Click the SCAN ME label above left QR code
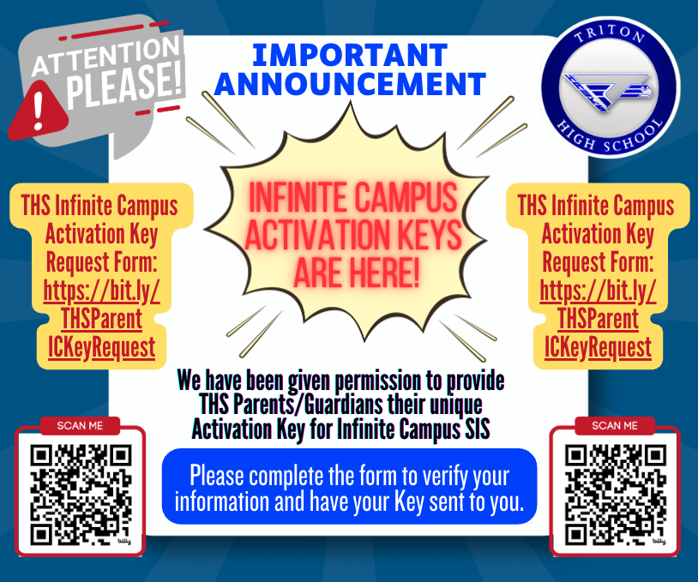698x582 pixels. click(x=81, y=426)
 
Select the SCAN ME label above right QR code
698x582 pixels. click(x=615, y=426)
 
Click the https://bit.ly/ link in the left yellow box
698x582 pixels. click(x=102, y=291)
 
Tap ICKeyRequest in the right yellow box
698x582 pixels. click(x=598, y=347)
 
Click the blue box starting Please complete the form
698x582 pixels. click(x=349, y=486)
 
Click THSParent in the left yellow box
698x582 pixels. click(x=101, y=320)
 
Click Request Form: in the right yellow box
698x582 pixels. click(x=598, y=262)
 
